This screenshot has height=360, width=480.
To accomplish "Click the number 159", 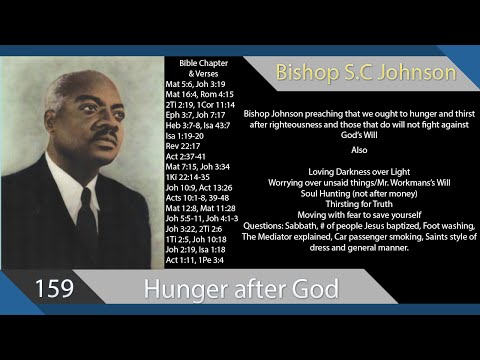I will (54, 289).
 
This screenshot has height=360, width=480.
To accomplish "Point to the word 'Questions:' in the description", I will (265, 226).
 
